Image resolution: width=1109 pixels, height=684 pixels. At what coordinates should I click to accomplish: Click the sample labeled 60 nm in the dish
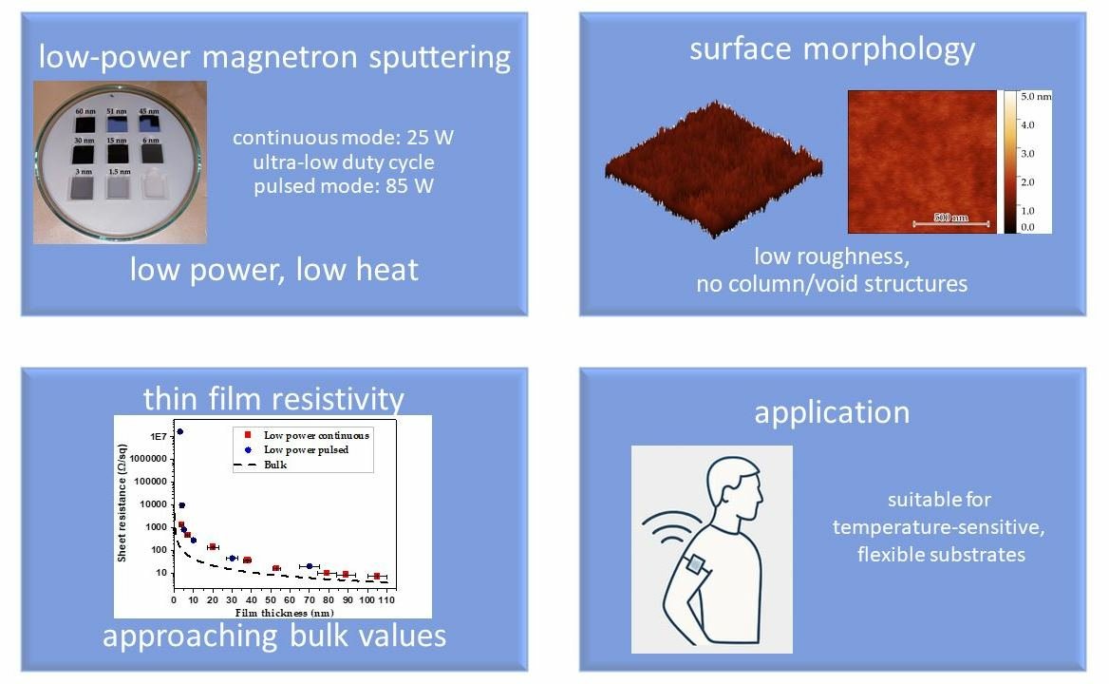(85, 124)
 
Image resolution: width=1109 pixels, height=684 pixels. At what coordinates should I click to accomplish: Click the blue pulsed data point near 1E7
(179, 432)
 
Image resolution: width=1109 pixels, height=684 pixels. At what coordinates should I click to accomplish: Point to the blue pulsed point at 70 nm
(309, 566)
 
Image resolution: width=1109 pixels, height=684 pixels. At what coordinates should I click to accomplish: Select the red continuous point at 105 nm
(376, 577)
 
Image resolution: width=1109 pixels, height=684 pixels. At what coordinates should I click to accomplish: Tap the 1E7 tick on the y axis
(157, 436)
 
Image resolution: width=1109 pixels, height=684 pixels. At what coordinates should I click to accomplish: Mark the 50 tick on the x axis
(270, 600)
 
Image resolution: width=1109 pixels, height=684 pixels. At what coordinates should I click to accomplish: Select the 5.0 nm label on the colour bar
(1037, 97)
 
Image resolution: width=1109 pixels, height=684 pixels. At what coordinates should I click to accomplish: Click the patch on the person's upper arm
(696, 564)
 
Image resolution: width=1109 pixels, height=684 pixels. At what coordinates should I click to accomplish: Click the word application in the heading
(832, 411)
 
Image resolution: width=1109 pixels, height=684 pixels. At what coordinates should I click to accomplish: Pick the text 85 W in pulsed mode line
(409, 186)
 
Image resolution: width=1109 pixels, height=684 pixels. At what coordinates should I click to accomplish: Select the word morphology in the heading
(898, 48)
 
